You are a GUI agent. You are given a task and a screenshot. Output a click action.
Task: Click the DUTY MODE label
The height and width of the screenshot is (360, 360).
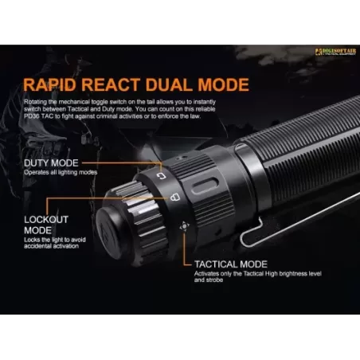pos(51,163)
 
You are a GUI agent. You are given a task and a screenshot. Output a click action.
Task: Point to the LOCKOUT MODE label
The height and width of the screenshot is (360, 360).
pos(46,221)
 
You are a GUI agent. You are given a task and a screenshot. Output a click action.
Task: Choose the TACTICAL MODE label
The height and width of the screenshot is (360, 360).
pos(232,264)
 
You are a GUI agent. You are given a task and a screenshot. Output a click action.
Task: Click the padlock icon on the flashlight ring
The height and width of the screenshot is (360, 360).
pos(174,195)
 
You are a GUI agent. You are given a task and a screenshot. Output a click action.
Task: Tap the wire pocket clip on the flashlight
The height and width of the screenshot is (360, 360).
pos(271,231)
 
